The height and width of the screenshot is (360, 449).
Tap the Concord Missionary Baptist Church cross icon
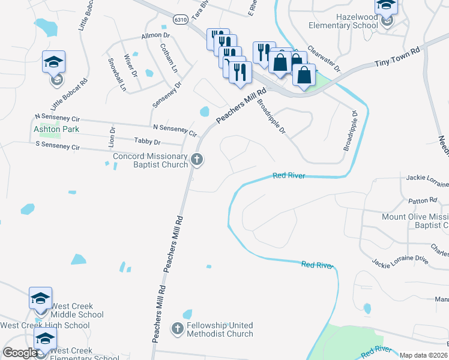click(x=197, y=160)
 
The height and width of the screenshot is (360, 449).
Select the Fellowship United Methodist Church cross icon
click(x=177, y=328)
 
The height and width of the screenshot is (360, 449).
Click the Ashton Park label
click(x=56, y=129)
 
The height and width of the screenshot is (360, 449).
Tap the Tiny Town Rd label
click(x=396, y=58)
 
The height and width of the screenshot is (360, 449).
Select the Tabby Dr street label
click(x=148, y=142)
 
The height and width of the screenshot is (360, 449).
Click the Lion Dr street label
click(x=112, y=137)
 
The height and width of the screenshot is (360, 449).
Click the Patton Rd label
click(x=424, y=200)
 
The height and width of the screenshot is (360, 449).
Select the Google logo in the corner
click(x=20, y=353)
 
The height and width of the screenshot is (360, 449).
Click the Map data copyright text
click(x=423, y=355)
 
